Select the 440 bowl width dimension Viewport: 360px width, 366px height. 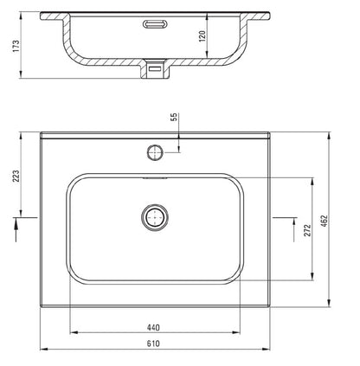tap(154, 327)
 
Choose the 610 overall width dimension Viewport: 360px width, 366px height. tap(154, 344)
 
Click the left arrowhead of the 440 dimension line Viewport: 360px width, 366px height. tap(71, 333)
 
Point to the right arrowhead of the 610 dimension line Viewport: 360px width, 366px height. tap(267, 350)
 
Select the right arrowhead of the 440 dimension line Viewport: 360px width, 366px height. tap(240, 333)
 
